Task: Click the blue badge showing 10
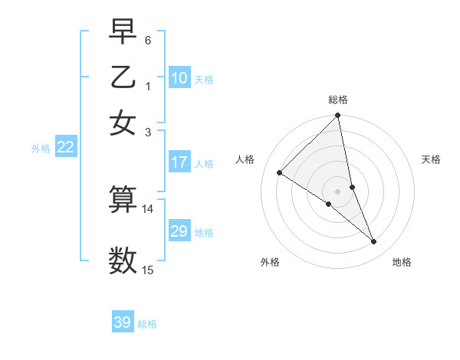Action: (179, 78)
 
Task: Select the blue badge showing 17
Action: (179, 162)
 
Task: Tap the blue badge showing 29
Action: (179, 231)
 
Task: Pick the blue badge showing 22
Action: (65, 148)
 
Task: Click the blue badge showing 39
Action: (123, 322)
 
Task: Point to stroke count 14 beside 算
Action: (148, 208)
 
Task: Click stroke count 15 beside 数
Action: (148, 270)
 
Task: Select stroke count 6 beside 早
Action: (148, 39)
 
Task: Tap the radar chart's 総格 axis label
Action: (338, 100)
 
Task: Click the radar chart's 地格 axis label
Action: (402, 262)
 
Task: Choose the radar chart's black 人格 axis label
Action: (245, 159)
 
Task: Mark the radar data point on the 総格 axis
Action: (338, 116)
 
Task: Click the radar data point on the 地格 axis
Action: (374, 242)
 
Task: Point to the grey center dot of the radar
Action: (338, 191)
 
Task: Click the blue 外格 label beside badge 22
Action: (41, 149)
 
